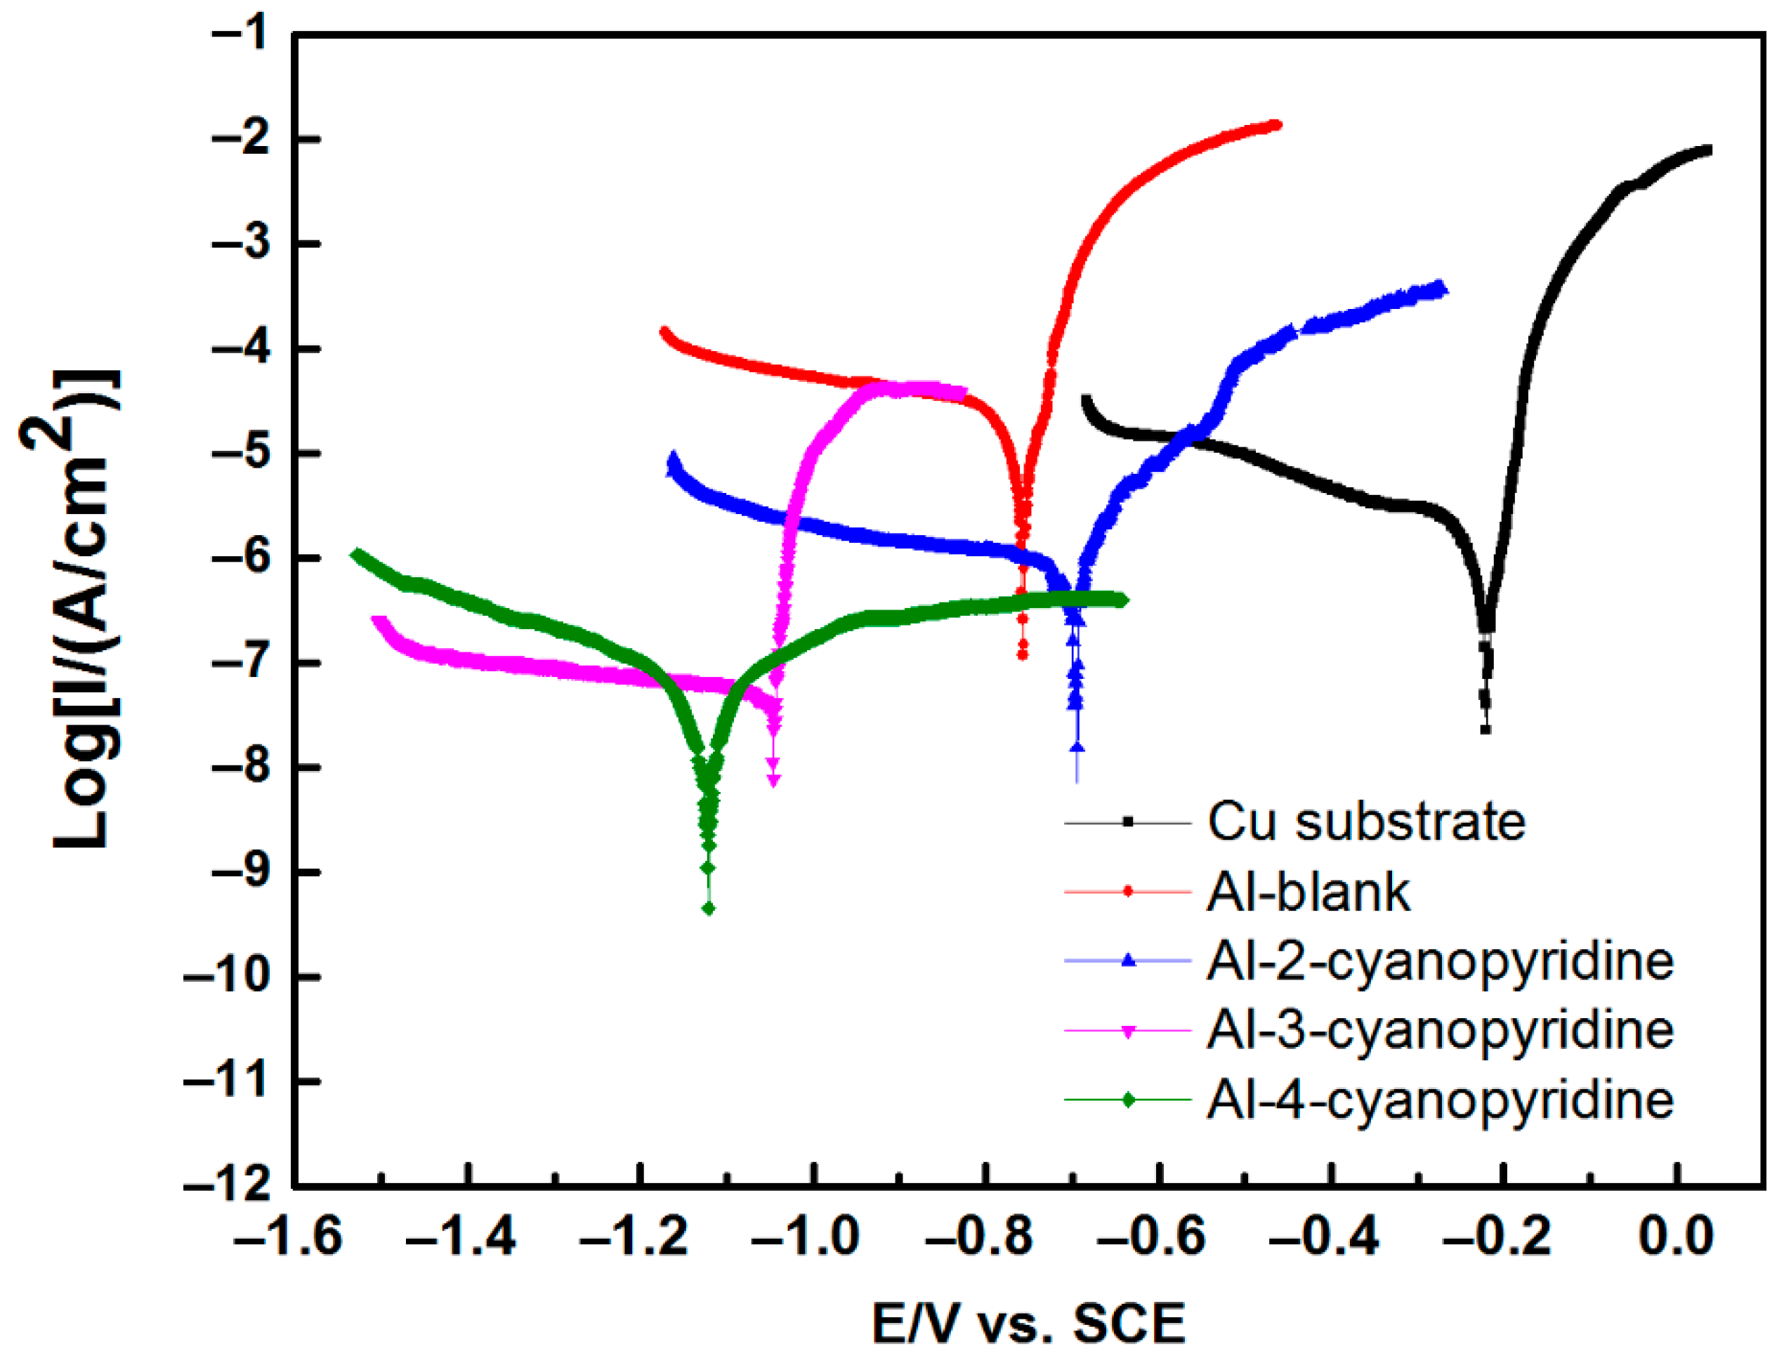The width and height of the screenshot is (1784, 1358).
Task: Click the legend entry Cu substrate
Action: pos(1366,822)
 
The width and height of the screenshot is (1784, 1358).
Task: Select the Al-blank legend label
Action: pos(1308,892)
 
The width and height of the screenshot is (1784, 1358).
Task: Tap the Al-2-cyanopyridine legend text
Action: pos(1440,961)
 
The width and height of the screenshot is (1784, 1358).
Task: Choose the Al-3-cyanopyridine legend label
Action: pos(1440,1031)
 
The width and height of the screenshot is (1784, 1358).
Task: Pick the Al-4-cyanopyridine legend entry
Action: pos(1440,1100)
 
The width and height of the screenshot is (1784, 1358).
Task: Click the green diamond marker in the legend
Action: pos(1129,1100)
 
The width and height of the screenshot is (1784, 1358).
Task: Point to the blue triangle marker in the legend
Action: pos(1129,961)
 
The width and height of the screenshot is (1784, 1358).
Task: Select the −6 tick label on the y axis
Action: pos(242,558)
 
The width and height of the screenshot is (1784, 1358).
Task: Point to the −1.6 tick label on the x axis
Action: pos(288,1237)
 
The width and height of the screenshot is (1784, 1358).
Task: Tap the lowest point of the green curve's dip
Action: pos(709,909)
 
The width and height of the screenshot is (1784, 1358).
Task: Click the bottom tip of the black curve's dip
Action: pos(1485,730)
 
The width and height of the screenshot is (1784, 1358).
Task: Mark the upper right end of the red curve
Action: pos(1276,124)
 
